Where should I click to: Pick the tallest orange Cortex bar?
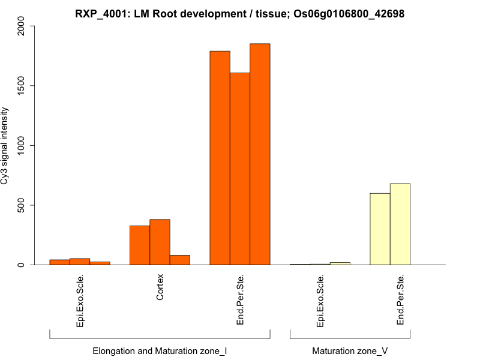[160, 242]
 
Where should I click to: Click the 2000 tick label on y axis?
[22, 26]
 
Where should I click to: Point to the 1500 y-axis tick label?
[22, 86]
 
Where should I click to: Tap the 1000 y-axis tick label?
[22, 145]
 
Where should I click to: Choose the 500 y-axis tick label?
[22, 205]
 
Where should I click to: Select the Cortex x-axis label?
[160, 287]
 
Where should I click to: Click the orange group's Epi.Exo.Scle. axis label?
[80, 301]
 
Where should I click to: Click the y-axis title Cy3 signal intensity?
[5, 146]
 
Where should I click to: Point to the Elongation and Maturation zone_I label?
[160, 350]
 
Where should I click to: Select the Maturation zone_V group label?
[350, 350]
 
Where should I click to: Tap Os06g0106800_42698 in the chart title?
[349, 13]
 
